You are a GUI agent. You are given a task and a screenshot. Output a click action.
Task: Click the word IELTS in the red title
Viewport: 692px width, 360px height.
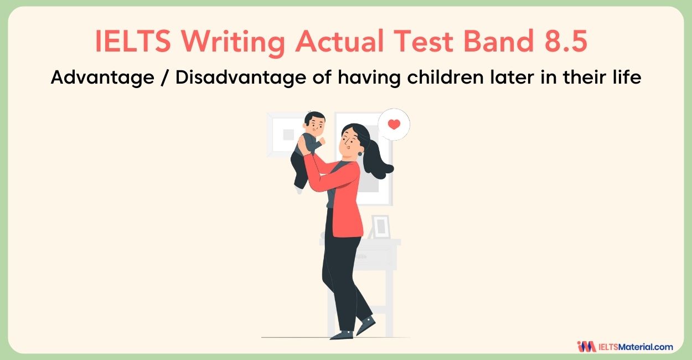coord(133,41)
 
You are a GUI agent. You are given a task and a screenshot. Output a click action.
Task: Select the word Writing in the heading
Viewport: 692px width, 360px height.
coord(233,43)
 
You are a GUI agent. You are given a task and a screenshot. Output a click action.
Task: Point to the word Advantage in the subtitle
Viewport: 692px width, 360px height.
coord(102,78)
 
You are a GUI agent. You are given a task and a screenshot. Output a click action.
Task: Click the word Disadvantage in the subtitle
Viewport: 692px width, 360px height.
coord(241,78)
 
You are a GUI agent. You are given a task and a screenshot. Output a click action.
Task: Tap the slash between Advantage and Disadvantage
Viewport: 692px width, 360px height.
coord(165,77)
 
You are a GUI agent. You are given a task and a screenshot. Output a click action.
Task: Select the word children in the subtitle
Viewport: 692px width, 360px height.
coord(445,76)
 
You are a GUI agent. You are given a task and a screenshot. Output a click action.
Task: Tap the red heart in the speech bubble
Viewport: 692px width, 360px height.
coord(394,124)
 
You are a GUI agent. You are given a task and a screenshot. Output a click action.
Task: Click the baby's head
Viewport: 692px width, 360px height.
coord(314,122)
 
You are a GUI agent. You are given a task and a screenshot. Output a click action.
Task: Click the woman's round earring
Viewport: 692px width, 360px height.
coord(360,153)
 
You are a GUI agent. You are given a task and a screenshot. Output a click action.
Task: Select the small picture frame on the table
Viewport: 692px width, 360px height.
coord(381,227)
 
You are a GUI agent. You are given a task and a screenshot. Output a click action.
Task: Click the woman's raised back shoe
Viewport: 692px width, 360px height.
coord(366,325)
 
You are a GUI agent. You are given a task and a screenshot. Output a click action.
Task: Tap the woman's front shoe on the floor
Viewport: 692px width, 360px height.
coord(342,335)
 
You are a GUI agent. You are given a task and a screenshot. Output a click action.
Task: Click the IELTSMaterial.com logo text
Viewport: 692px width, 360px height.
coord(636,347)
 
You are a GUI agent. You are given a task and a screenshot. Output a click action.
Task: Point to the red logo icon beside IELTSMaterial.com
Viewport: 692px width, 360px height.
coord(586,347)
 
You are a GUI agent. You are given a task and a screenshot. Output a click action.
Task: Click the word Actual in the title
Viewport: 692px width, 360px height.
coord(339,41)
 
